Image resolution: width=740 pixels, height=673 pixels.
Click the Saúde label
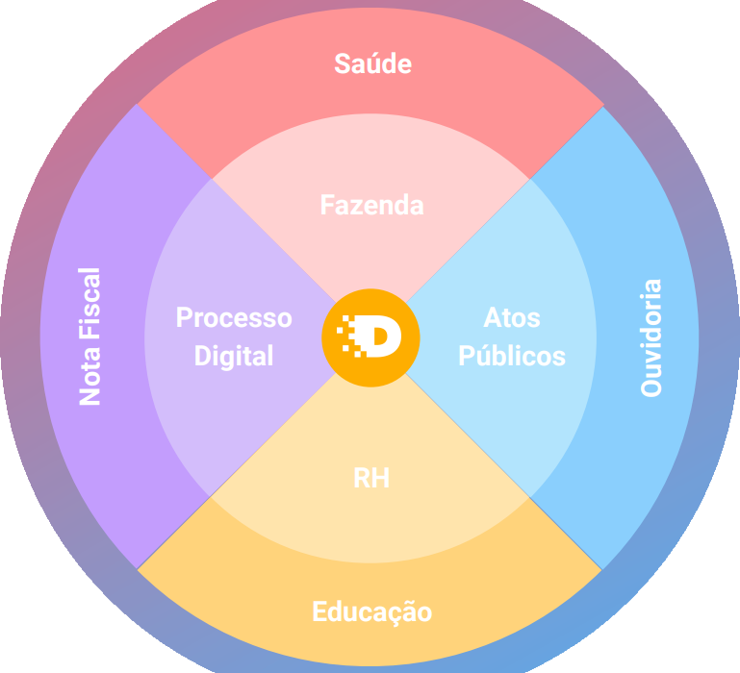(372, 64)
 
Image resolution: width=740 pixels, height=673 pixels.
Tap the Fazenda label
(371, 205)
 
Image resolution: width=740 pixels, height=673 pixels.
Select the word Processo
(234, 317)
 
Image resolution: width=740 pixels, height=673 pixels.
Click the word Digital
(234, 356)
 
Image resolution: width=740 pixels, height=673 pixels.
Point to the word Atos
(512, 317)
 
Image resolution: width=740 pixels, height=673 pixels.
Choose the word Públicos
(512, 356)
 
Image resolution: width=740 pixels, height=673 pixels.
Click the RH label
(371, 479)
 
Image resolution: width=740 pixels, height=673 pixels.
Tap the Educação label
(371, 612)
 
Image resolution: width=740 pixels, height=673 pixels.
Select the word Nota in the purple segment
(90, 376)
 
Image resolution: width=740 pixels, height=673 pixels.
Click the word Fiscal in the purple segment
(90, 303)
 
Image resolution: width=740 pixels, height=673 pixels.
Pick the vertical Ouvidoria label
(651, 337)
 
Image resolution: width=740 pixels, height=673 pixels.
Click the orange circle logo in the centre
(370, 337)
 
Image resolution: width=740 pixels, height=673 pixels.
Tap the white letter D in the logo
(382, 337)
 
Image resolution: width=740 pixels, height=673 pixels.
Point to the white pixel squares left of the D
(348, 336)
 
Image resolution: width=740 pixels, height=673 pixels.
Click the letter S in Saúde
(342, 64)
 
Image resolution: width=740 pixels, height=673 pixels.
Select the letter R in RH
(362, 479)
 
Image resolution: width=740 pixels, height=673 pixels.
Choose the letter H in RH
(381, 479)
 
